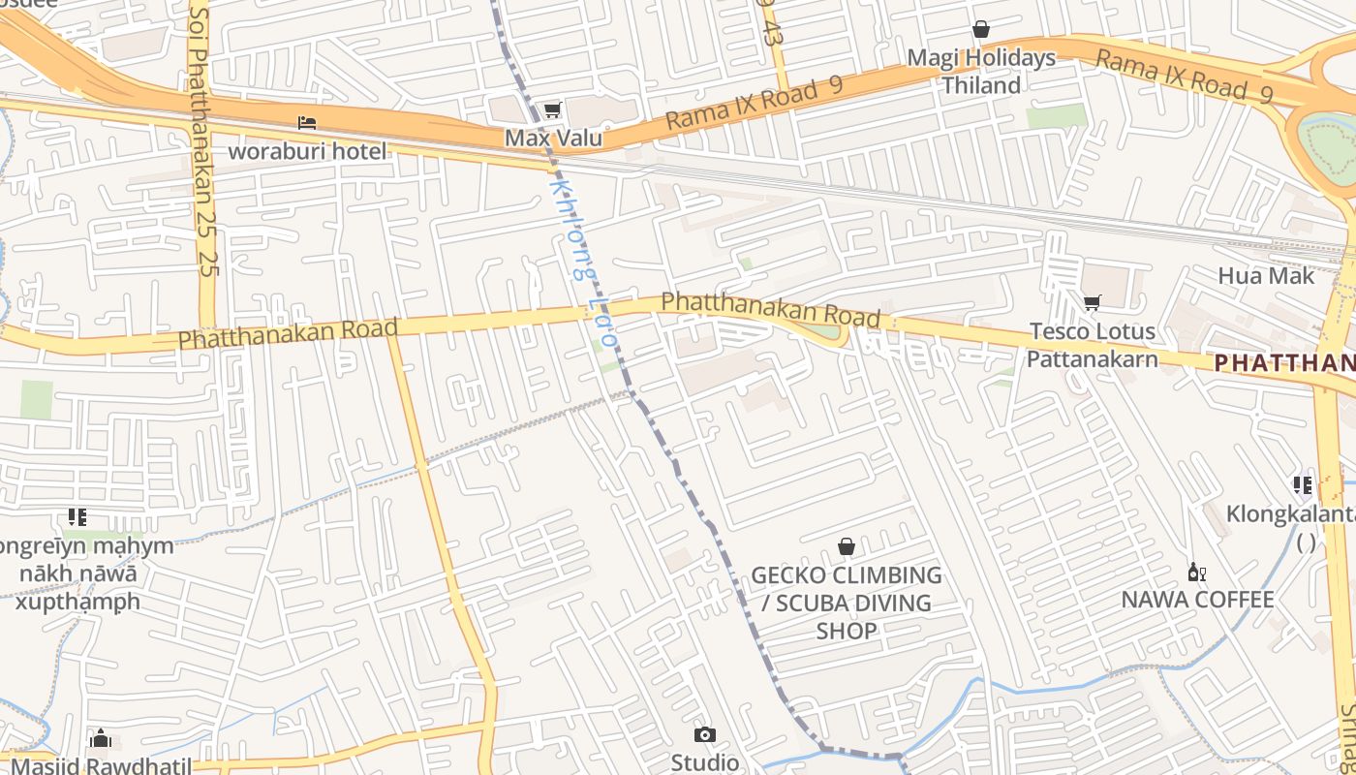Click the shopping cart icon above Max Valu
552,110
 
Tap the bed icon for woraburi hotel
307,123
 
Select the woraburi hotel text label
307,151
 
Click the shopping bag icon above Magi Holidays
981,30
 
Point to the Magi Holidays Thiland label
981,72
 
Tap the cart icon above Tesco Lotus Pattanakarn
1092,303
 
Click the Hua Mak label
1266,276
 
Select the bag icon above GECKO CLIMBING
847,547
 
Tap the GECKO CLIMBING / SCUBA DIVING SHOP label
847,603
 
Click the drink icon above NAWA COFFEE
1196,573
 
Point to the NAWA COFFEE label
1197,600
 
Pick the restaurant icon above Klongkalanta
1303,485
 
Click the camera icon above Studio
705,735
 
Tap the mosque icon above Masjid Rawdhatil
101,740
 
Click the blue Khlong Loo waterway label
582,262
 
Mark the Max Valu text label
553,138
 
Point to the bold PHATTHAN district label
1284,363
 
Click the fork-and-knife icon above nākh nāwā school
77,518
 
